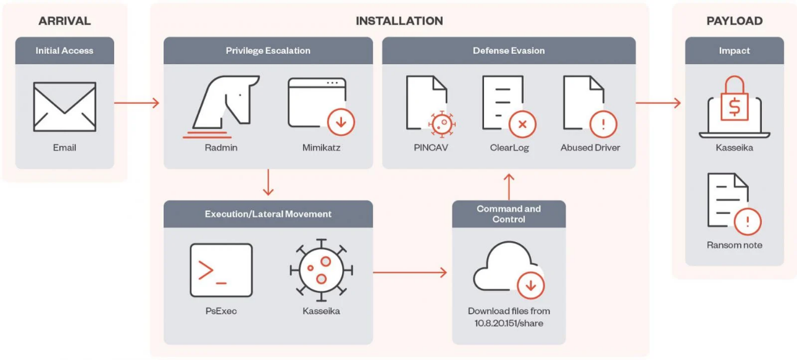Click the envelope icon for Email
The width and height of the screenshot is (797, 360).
64,106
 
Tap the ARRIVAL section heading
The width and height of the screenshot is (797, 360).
64,21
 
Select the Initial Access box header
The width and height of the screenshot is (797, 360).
64,51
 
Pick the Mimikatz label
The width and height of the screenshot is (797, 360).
321,148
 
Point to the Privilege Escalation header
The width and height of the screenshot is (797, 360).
268,51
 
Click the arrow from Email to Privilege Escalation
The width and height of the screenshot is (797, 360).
136,103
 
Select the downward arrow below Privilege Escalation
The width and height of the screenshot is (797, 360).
268,183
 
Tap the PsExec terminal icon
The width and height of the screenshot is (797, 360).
221,270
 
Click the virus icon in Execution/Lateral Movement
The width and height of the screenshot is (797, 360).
321,270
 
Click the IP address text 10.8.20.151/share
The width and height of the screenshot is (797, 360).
509,322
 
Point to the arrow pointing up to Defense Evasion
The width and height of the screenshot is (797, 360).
509,185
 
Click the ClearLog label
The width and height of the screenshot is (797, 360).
509,148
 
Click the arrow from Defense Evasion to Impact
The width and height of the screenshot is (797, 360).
657,103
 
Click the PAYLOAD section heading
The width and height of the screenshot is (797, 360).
734,21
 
